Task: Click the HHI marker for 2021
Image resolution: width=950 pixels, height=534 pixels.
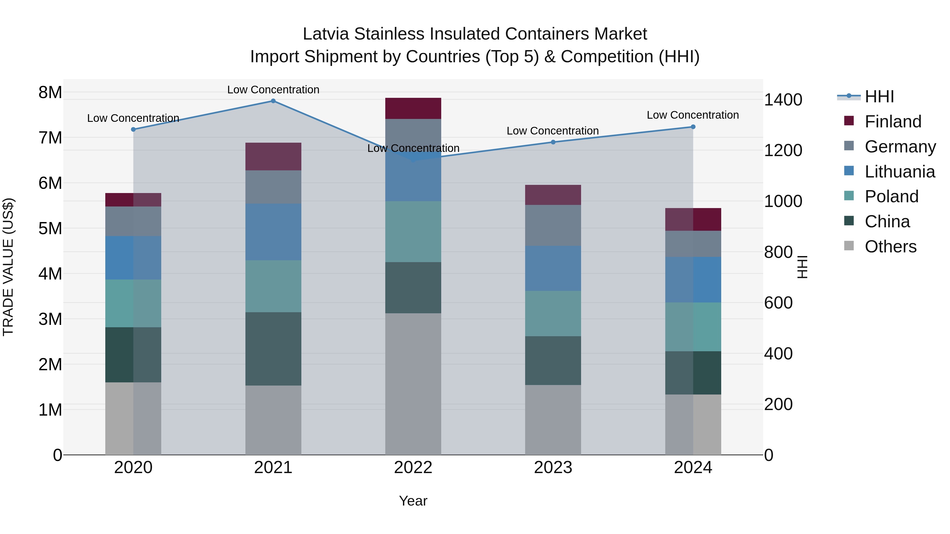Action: tap(273, 101)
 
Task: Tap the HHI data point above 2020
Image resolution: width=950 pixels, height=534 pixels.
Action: tap(134, 129)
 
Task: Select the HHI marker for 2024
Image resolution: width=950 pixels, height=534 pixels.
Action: tap(693, 127)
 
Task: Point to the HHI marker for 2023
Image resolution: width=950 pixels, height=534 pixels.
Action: tap(553, 142)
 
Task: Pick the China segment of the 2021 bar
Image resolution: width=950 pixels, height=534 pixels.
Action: tap(273, 349)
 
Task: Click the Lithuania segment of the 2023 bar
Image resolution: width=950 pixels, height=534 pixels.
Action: tap(553, 268)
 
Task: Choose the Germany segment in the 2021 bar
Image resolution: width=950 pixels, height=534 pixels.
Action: tap(273, 187)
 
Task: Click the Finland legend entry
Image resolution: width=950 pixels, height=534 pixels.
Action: tap(892, 122)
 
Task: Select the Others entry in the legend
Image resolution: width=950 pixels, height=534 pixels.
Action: tap(890, 247)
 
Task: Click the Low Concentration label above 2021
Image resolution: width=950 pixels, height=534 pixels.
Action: tap(273, 90)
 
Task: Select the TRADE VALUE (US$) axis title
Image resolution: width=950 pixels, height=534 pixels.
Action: tap(8, 267)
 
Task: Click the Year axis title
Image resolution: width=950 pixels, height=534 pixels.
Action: tap(413, 501)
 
